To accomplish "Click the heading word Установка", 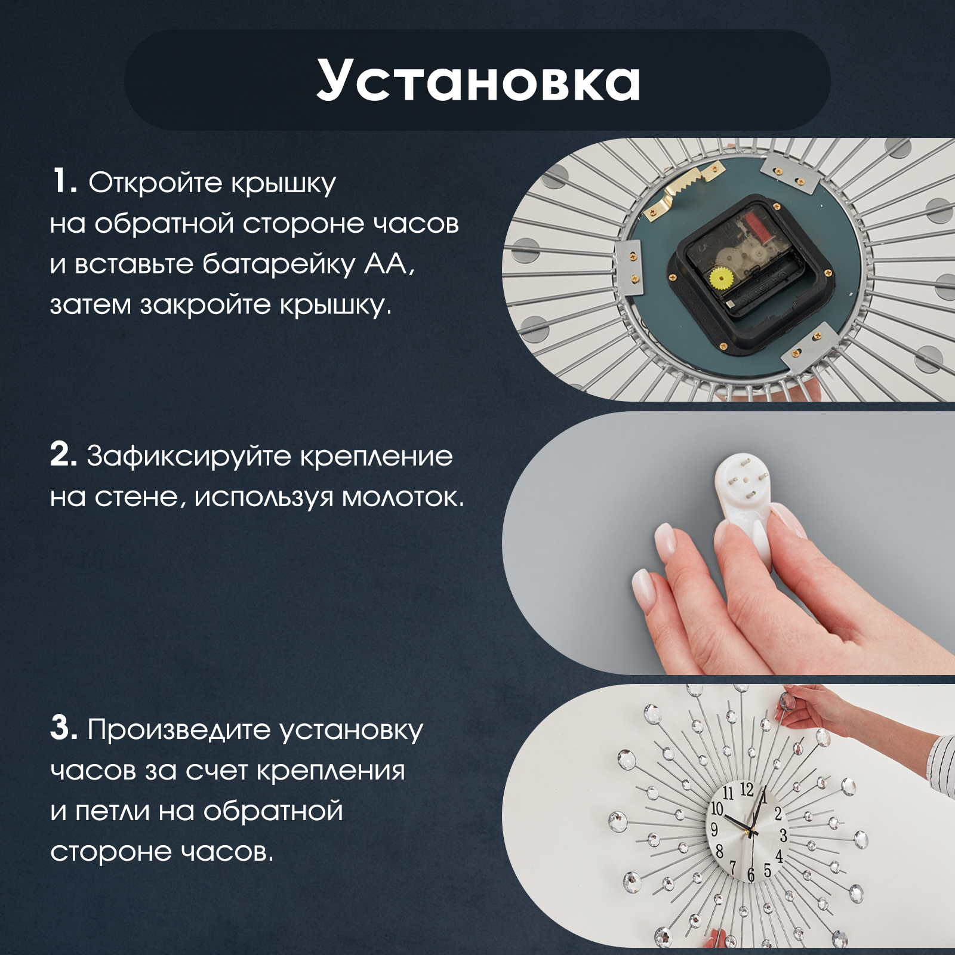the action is [479, 79].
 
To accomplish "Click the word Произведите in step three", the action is [180, 731].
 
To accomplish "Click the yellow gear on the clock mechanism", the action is [722, 278].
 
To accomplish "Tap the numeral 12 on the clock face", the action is [747, 790].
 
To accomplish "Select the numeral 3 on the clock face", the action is [784, 835].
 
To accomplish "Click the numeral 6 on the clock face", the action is [751, 875].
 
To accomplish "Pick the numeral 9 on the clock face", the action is [714, 829].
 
